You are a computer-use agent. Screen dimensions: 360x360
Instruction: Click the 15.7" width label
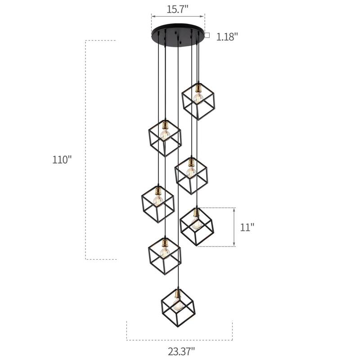(x=178, y=8)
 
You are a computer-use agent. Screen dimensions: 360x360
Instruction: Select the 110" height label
(x=62, y=160)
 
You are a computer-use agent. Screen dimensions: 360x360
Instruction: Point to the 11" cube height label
(x=247, y=227)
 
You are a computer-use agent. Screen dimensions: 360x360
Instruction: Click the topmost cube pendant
(x=198, y=100)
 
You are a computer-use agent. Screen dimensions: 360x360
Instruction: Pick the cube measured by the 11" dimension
(x=197, y=226)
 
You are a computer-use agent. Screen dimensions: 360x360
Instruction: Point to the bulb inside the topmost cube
(x=197, y=96)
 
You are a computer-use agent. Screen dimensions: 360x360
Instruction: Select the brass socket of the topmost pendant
(x=197, y=87)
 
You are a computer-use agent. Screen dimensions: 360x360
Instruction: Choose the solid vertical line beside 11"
(x=234, y=227)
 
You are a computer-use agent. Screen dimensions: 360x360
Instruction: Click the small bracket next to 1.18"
(x=207, y=35)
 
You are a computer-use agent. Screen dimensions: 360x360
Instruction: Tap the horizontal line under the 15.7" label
(x=178, y=17)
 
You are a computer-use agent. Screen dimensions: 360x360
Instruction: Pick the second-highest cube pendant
(x=165, y=137)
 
